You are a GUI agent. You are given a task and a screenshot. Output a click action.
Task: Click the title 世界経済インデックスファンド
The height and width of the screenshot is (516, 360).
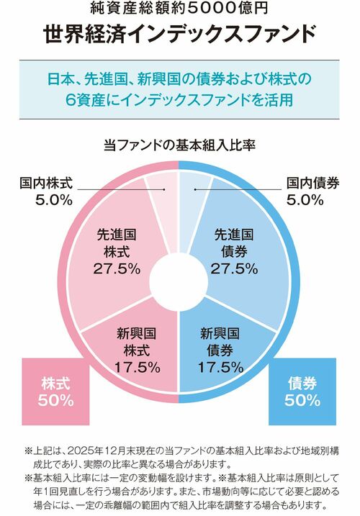(x=179, y=34)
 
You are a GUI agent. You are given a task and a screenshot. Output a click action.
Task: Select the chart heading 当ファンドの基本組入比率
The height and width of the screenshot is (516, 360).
(x=179, y=145)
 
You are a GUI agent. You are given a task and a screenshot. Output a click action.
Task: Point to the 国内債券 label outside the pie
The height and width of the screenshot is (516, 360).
(x=312, y=184)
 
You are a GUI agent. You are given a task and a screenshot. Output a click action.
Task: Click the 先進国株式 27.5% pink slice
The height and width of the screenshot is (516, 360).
(x=115, y=252)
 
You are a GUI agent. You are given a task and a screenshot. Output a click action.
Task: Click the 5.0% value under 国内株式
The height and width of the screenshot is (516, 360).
(x=53, y=200)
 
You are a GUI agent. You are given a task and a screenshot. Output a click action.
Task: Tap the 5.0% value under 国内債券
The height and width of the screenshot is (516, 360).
(x=305, y=200)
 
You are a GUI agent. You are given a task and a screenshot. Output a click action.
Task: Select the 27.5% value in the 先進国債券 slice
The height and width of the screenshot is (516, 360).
(x=234, y=268)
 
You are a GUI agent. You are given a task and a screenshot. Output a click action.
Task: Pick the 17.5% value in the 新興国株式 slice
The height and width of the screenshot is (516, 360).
(x=137, y=367)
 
